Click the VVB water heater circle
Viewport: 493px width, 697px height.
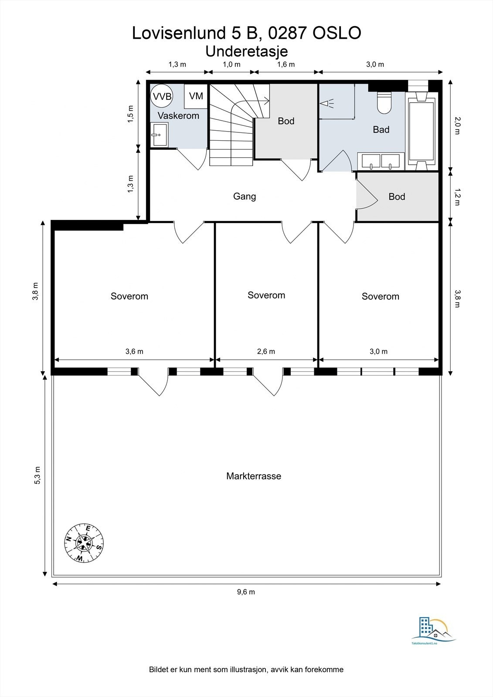click(161, 96)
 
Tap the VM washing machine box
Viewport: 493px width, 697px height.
click(196, 96)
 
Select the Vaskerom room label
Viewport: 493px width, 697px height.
click(178, 116)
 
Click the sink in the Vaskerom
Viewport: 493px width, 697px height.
click(160, 134)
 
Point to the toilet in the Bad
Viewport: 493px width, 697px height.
click(384, 103)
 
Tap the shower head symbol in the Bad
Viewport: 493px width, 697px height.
click(326, 103)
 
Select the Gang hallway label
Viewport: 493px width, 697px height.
click(245, 196)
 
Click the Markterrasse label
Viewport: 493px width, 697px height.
click(254, 476)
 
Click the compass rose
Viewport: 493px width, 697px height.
click(84, 543)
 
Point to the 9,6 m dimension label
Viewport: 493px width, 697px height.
click(246, 592)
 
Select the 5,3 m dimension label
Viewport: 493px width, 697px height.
click(37, 475)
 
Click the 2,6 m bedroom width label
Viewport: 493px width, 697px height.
click(266, 352)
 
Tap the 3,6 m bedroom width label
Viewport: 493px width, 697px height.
click(134, 352)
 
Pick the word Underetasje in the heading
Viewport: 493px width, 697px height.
click(246, 51)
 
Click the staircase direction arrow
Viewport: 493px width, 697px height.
click(252, 101)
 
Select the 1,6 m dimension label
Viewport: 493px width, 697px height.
click(286, 64)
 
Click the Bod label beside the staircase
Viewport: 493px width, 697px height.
click(286, 121)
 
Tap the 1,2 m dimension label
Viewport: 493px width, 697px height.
click(457, 196)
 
